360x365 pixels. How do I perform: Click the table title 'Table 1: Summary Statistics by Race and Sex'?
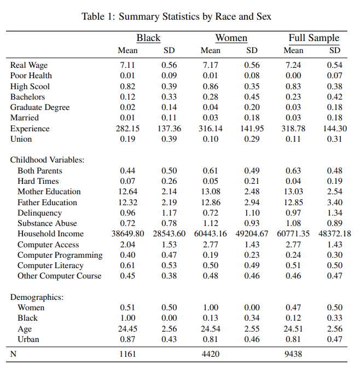(x=176, y=16)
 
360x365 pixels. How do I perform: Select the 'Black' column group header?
(x=148, y=38)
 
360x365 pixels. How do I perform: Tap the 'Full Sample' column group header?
(x=314, y=38)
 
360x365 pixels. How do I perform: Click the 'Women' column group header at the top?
(x=231, y=38)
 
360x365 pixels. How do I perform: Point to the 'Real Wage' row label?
(x=29, y=65)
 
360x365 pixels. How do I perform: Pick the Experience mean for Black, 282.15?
(x=127, y=129)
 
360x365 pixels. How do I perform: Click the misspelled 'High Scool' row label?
(x=30, y=86)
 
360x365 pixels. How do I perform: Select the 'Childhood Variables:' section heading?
(x=47, y=160)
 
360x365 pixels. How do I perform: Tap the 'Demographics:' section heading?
(x=37, y=297)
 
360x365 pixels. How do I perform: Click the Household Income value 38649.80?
(x=127, y=234)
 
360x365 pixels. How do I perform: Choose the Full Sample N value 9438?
(x=293, y=354)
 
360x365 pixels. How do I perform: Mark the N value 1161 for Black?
(x=127, y=354)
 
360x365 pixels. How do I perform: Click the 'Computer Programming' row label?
(x=60, y=255)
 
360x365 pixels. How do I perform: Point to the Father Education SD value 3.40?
(x=335, y=202)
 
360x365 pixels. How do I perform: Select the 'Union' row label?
(x=21, y=139)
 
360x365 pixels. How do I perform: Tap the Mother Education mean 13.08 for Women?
(x=211, y=192)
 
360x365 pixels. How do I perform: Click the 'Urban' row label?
(x=28, y=339)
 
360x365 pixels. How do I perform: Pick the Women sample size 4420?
(x=211, y=354)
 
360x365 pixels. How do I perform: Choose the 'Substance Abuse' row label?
(x=47, y=223)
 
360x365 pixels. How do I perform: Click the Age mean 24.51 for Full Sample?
(x=293, y=329)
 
